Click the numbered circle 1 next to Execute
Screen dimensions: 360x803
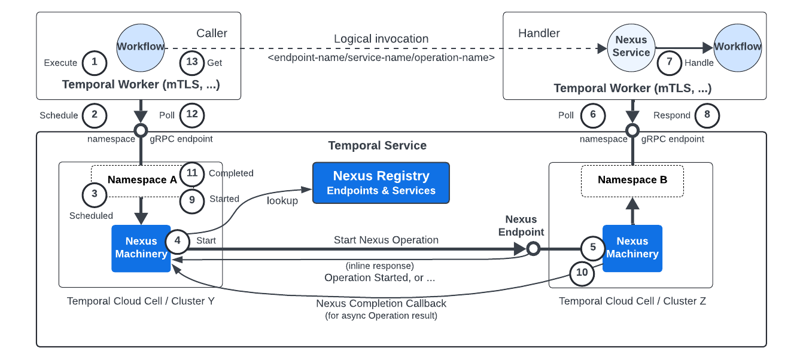pos(94,62)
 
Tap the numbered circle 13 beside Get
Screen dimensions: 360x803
pos(192,62)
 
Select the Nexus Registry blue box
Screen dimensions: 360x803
pos(381,182)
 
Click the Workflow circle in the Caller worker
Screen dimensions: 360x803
pos(141,46)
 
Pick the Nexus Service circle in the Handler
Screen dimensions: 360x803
pos(631,46)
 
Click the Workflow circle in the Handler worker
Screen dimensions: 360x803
pos(737,46)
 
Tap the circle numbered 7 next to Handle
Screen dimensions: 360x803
pos(670,63)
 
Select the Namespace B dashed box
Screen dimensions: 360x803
pos(632,180)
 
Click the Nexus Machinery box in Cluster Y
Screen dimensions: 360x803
pos(141,248)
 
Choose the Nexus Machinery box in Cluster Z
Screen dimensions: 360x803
pos(632,248)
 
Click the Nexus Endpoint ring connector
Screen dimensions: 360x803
pos(533,248)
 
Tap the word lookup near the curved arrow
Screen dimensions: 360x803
pos(282,201)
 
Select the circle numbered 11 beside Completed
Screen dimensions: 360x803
pos(192,173)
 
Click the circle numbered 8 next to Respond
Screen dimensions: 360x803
pos(707,115)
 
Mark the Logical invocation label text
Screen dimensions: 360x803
pos(381,39)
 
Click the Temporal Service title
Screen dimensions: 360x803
pos(377,145)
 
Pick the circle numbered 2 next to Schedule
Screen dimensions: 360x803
pos(94,115)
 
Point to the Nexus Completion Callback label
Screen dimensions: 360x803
pos(381,303)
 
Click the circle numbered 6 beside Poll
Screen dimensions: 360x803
pos(593,115)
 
